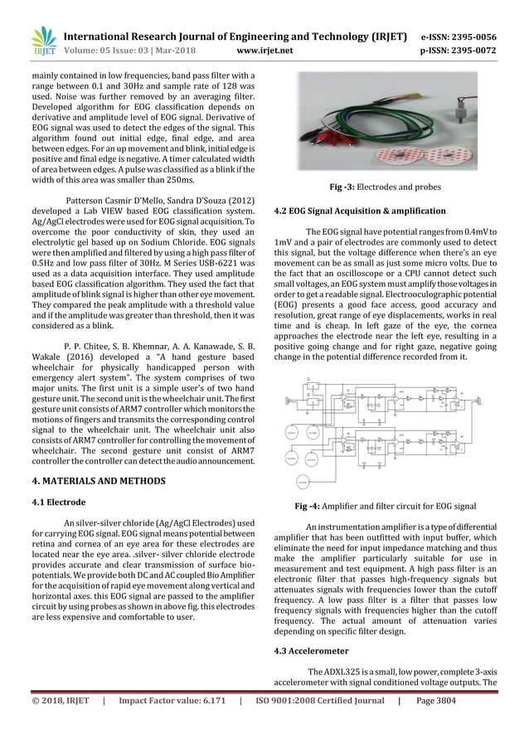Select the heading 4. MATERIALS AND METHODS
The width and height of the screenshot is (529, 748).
click(99, 480)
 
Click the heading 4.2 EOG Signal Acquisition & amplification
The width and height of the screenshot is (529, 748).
click(359, 211)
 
